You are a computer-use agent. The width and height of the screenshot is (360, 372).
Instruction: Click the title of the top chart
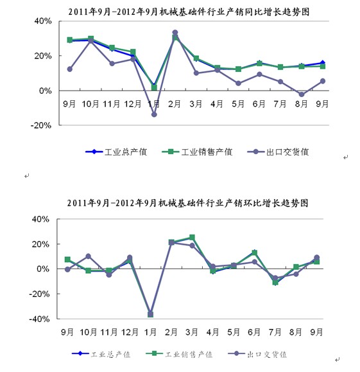tap(189, 12)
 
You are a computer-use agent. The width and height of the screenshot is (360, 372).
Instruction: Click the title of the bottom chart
tap(187, 203)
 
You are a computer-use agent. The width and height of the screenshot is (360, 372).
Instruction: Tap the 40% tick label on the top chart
tap(43, 21)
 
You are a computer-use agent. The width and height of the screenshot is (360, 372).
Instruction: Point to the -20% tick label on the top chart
tap(41, 125)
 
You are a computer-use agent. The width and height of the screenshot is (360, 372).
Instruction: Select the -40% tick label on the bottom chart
tap(39, 319)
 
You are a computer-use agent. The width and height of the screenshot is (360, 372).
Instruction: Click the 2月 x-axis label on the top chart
tap(174, 104)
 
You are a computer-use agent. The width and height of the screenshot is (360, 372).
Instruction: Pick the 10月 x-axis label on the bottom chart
tap(88, 332)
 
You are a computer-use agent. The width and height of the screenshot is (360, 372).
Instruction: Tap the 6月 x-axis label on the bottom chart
tap(254, 332)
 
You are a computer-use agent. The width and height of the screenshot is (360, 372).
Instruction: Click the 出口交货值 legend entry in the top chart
tap(278, 152)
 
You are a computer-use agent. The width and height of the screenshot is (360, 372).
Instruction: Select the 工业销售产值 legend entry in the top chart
tap(197, 152)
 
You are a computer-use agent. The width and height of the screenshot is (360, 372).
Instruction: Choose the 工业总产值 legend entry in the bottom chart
tap(101, 354)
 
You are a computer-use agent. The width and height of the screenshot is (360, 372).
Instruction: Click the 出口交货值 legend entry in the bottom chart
tap(257, 354)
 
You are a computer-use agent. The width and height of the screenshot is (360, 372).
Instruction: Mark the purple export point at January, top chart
tap(154, 114)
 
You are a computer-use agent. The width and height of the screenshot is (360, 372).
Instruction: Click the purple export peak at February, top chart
tap(175, 33)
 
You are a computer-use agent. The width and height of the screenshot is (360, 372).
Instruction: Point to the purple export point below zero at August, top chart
tap(302, 94)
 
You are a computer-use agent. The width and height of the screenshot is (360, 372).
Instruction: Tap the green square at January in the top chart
tap(154, 87)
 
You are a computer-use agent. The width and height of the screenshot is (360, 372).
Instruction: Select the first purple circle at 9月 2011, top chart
tap(70, 69)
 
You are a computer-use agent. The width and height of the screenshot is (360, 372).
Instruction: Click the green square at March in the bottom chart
tap(192, 237)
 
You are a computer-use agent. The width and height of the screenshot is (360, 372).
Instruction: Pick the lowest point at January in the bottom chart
tap(151, 314)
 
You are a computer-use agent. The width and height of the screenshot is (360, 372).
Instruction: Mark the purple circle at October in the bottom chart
tap(88, 256)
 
